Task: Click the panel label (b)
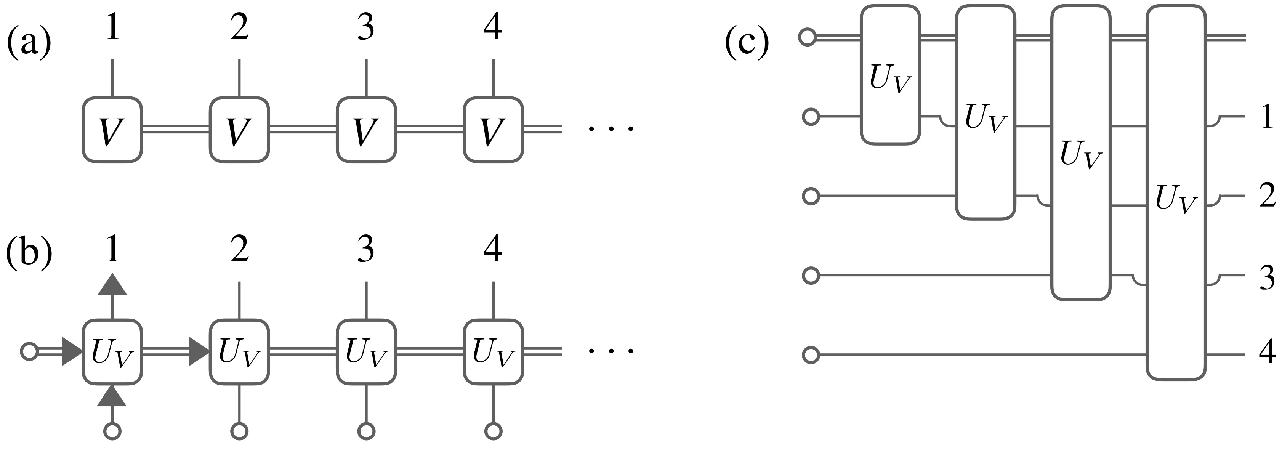click(x=29, y=252)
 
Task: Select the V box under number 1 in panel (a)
click(x=112, y=130)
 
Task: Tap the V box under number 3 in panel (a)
click(x=366, y=130)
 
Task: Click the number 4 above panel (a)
click(x=493, y=27)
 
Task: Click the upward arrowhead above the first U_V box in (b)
click(x=112, y=285)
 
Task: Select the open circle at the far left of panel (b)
click(x=29, y=351)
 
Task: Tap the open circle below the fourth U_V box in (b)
click(x=493, y=431)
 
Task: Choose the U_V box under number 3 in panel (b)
click(x=366, y=353)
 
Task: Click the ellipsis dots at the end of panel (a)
click(x=610, y=129)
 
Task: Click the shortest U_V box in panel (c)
click(x=890, y=75)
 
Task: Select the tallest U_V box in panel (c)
click(x=1176, y=192)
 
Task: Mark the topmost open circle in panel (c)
click(x=807, y=37)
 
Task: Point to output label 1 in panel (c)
click(x=1267, y=117)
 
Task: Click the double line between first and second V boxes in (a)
click(x=176, y=130)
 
